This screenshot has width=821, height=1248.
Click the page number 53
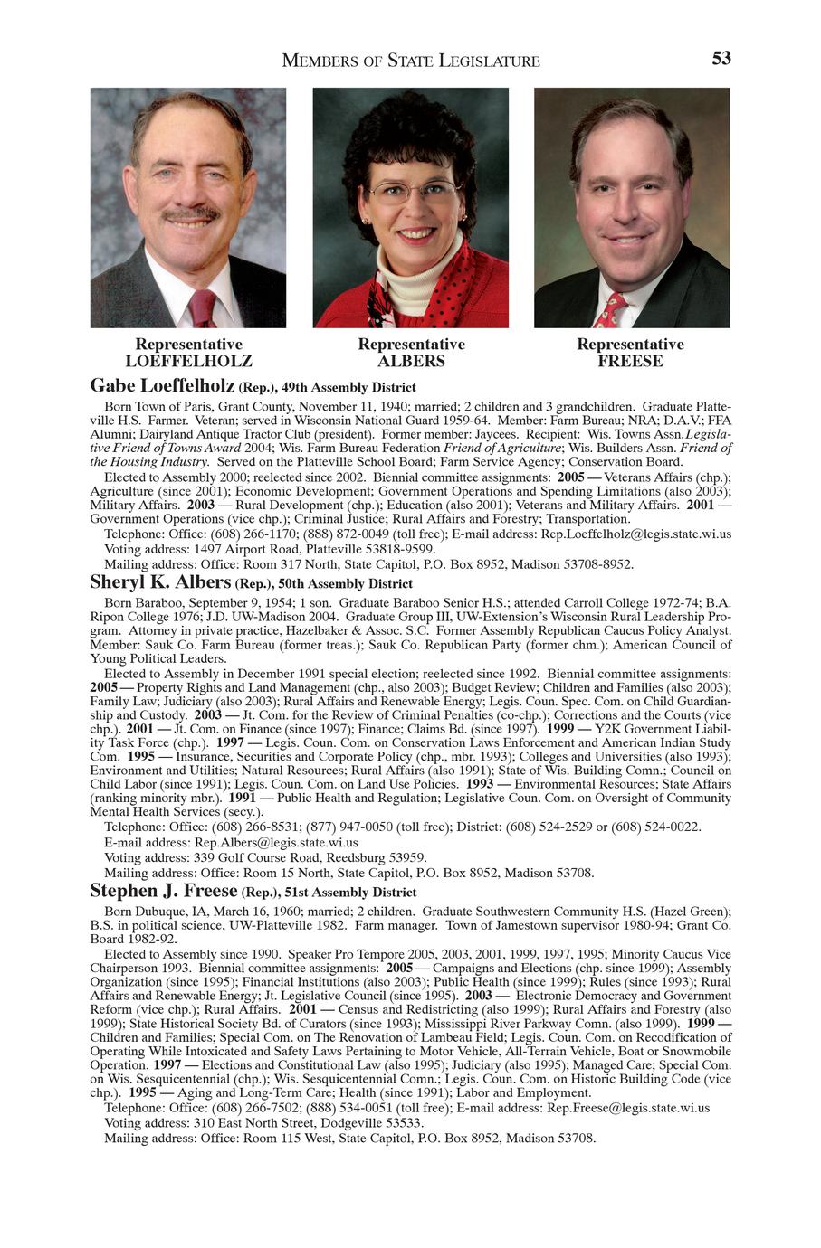pos(721,59)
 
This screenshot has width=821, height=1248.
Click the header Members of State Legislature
pos(411,61)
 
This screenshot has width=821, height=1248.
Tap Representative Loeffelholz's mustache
pos(190,214)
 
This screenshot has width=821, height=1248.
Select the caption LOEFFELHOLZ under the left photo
pos(188,362)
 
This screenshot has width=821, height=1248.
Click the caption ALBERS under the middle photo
pos(411,362)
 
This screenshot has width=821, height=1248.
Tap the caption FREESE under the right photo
pos(630,362)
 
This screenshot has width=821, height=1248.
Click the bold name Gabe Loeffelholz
pos(163,386)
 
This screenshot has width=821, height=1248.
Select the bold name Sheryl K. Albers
pos(160,581)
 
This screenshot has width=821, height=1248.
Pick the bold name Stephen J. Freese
pos(163,891)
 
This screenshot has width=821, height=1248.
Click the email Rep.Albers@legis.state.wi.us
pos(277,842)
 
